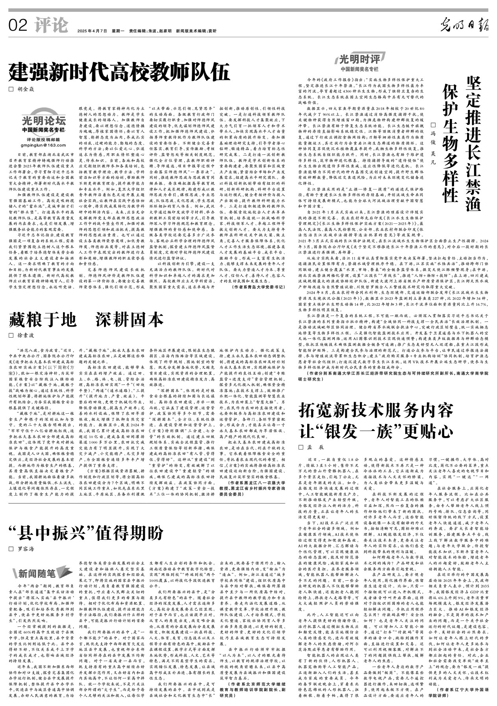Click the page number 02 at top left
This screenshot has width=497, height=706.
pos(18,26)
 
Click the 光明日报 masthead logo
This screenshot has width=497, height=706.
pos(465,26)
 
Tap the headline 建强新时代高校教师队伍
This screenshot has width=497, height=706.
pos(119,72)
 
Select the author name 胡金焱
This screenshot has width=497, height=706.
pos(26,89)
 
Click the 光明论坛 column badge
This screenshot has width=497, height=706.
pos(43,120)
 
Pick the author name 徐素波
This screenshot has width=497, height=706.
pos(26,336)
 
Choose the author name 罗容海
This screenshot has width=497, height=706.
pos(26,548)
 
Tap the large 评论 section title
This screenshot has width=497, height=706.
pos(51,26)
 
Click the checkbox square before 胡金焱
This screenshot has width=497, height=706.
pos(11,89)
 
